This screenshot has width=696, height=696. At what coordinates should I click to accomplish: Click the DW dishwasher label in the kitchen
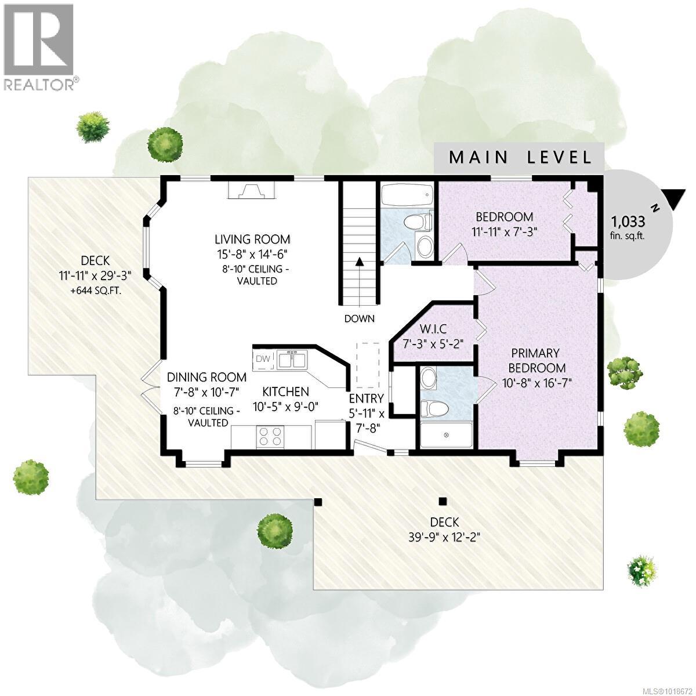[x=263, y=359]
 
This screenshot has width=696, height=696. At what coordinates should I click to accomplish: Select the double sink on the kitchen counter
[x=292, y=360]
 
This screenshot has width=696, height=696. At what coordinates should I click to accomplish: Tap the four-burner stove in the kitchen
[x=270, y=436]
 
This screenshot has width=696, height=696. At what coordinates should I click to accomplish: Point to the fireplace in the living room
[x=251, y=191]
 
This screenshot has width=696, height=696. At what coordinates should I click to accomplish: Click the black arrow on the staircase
[x=360, y=261]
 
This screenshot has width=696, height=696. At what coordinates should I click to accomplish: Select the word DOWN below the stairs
[x=359, y=318]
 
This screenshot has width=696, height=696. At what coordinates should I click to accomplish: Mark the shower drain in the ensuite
[x=447, y=434]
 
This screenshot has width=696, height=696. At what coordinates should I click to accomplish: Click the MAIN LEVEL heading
[x=520, y=157]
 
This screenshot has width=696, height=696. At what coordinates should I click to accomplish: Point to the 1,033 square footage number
[x=628, y=221]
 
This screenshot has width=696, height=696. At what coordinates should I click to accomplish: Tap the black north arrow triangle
[x=675, y=199]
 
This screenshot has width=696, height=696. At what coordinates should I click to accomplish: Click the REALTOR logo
[x=39, y=46]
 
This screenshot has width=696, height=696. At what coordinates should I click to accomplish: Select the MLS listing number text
[x=661, y=690]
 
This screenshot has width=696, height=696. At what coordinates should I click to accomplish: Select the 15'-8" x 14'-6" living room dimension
[x=252, y=253]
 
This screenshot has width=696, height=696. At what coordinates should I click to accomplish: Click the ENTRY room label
[x=366, y=398]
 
